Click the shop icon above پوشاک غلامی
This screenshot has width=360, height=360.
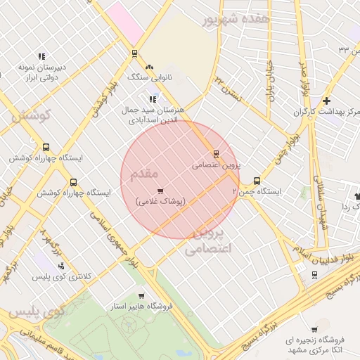click(160, 191)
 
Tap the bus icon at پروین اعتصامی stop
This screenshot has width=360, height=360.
click(216, 154)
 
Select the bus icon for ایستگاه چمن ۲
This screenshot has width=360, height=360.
click(257, 180)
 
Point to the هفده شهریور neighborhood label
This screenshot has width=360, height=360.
click(235, 20)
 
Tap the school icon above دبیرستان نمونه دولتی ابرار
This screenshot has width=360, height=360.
click(41, 56)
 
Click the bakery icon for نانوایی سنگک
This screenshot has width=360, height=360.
click(149, 66)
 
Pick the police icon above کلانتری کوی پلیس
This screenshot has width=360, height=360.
click(63, 266)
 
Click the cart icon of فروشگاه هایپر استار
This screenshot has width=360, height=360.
click(141, 296)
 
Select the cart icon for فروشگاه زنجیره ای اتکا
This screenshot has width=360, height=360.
click(314, 329)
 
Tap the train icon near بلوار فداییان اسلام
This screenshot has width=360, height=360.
click(314, 274)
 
